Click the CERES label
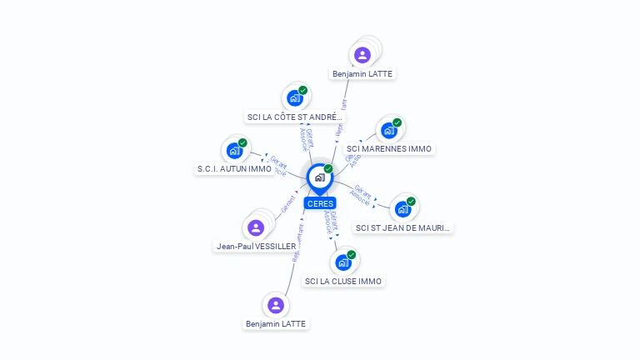pos(320,203)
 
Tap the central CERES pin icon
pos(319,177)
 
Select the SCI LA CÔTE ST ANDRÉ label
pos(295,117)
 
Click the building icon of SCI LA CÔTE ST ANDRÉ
pos(294,98)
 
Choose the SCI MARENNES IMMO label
pos(389,149)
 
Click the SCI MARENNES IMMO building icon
pos(388,131)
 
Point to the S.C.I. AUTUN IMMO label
pos(234,168)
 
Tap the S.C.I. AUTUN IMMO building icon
pos(234,152)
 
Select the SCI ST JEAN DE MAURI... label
pos(403,227)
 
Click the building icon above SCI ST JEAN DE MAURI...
pos(403,208)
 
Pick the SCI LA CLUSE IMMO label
pos(343,282)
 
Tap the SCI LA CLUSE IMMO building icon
pos(342,262)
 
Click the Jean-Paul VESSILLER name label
pos(256,246)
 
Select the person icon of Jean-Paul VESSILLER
pos(256,227)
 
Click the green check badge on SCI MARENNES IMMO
pos(397,122)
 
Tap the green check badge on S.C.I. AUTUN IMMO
pos(242,143)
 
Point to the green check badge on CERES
pos(328,169)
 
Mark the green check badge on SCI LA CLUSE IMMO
pos(352,254)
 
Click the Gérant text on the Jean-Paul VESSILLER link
pos(289,203)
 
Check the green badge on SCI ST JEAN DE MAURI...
pos(412,200)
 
